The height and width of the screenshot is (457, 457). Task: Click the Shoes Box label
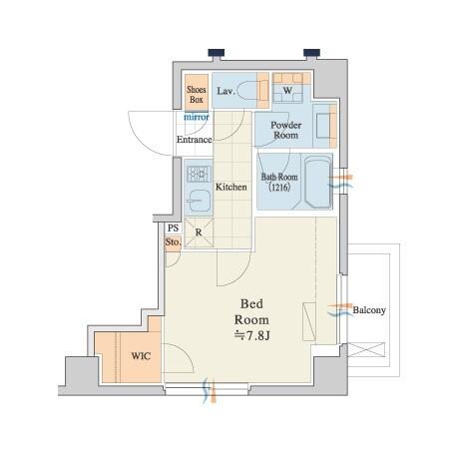[x=197, y=95]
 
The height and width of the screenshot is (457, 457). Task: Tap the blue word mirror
[x=197, y=117]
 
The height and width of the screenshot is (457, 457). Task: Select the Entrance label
[x=195, y=140]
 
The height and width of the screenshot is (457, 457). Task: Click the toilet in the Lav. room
[x=247, y=90]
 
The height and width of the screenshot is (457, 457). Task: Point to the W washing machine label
[x=287, y=90]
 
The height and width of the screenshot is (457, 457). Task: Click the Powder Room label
[x=286, y=130]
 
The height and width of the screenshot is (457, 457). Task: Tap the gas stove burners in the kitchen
[x=199, y=174]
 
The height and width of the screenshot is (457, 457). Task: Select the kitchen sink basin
[x=199, y=201]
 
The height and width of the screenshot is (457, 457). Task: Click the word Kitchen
[x=231, y=187]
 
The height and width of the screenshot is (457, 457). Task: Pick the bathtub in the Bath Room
[x=317, y=182]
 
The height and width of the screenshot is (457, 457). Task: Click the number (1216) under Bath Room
[x=279, y=188]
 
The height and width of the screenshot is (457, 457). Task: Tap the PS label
[x=174, y=228]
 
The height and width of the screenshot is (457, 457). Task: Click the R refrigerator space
[x=199, y=232]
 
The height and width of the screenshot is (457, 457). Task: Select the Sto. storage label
[x=173, y=242]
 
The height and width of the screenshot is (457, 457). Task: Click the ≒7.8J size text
[x=251, y=336]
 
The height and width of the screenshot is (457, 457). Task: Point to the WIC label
[x=141, y=356]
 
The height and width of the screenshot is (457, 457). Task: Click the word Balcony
[x=369, y=310]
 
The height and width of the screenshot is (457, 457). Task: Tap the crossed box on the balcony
[x=366, y=350]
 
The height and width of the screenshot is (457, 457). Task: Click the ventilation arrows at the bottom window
[x=210, y=390]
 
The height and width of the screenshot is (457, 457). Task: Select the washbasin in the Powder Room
[x=322, y=125]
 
